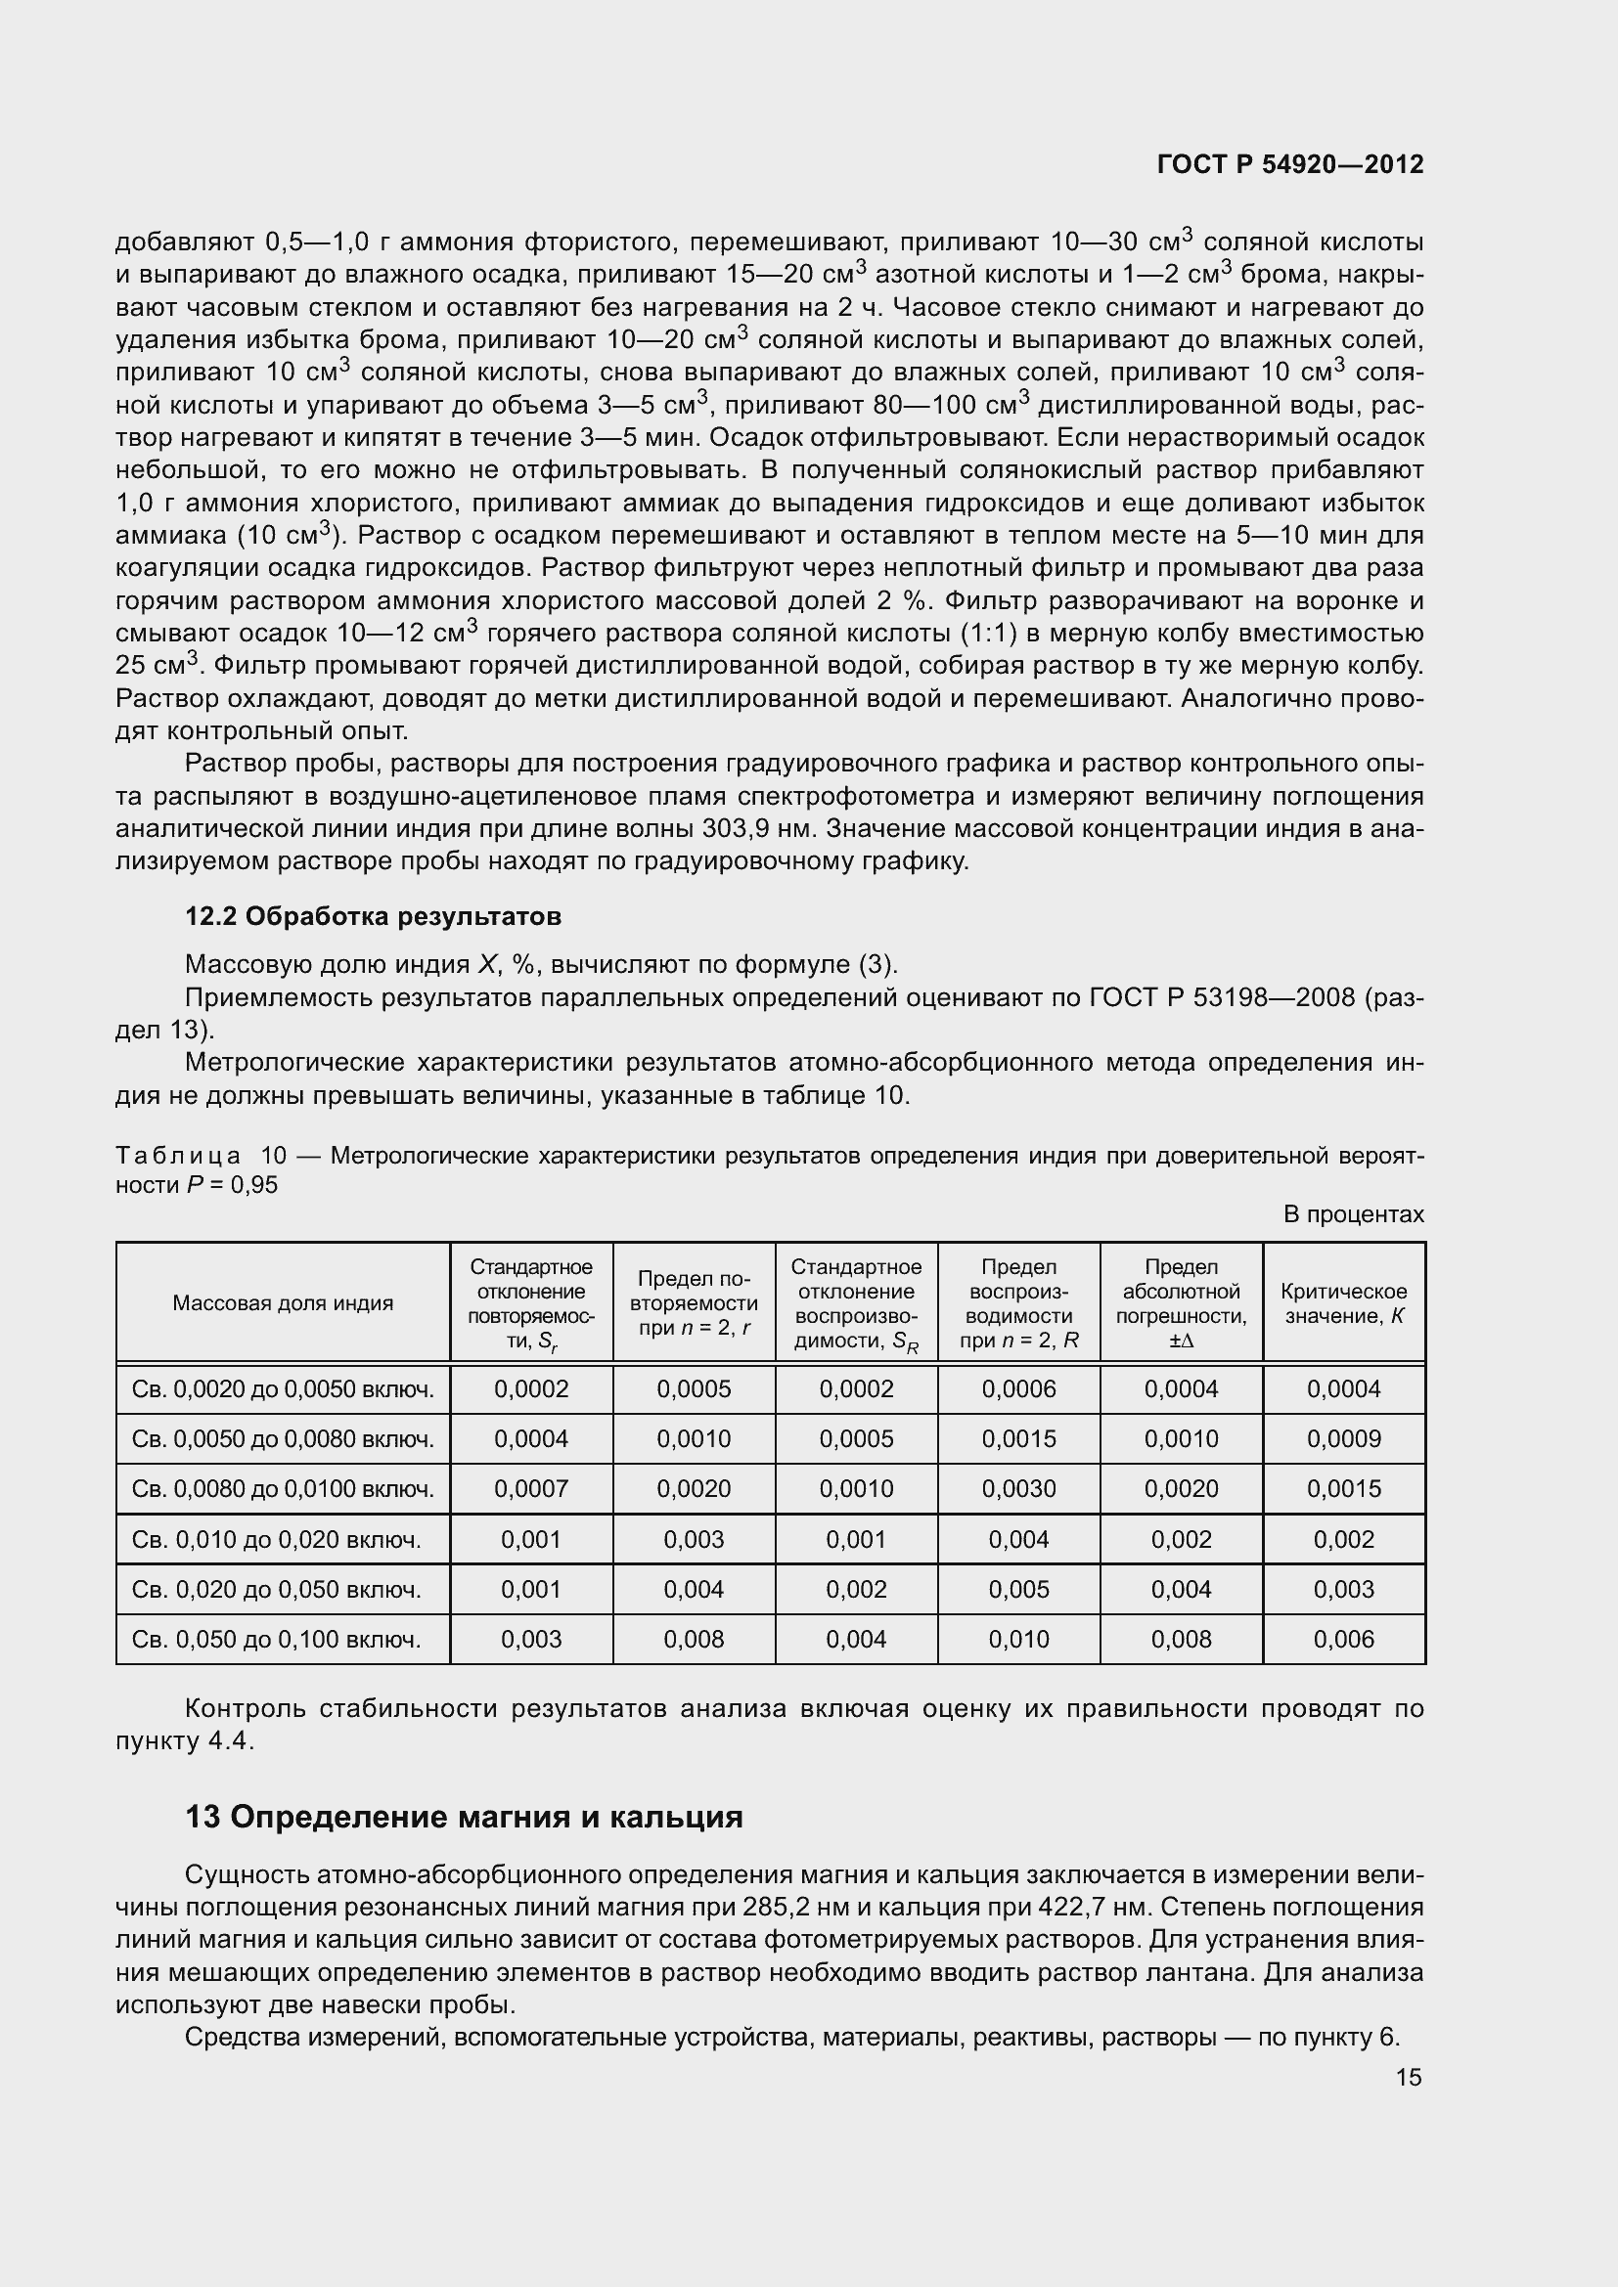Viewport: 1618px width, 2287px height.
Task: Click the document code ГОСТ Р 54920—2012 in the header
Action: (1290, 164)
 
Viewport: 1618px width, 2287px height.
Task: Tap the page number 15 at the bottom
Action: (1408, 2077)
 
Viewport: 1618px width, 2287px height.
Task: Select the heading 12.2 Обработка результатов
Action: (373, 915)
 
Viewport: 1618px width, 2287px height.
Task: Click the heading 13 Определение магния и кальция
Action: (465, 1817)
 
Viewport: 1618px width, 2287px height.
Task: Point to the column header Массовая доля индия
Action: (283, 1302)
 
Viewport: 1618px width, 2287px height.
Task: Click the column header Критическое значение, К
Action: (1343, 1302)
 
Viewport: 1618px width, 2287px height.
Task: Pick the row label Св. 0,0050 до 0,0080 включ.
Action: (283, 1438)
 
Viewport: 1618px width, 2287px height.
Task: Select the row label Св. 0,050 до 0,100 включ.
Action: (276, 1639)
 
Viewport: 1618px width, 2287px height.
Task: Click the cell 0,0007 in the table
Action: (531, 1488)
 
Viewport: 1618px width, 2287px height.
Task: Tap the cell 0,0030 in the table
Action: (1018, 1488)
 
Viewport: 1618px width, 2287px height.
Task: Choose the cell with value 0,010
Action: (1018, 1639)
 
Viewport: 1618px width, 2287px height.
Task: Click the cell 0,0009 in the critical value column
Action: (1343, 1438)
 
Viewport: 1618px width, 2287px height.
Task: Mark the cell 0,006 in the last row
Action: (1343, 1639)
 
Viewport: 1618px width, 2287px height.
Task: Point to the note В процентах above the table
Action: (1353, 1214)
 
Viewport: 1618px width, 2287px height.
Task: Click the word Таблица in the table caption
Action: (177, 1156)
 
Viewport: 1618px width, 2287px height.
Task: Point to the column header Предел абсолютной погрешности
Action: (1181, 1302)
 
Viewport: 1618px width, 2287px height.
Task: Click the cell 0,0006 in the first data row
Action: (1018, 1388)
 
